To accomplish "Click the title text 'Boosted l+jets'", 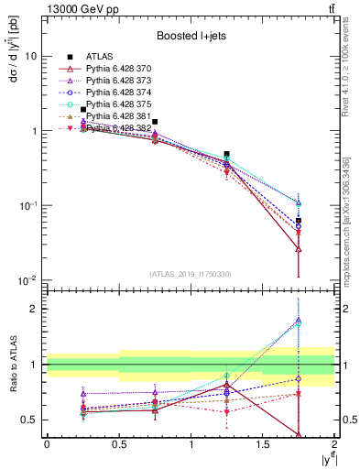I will (x=189, y=37).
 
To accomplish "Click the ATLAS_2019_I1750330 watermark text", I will (x=189, y=273).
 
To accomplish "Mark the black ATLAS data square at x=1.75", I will (x=299, y=221).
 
